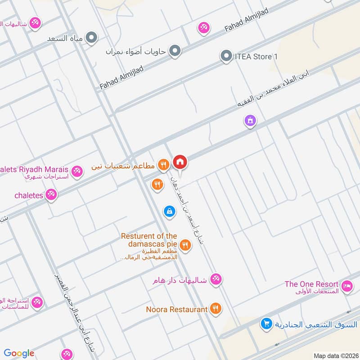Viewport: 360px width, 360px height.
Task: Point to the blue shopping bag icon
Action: [169, 211]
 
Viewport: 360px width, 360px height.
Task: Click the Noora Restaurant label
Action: [177, 309]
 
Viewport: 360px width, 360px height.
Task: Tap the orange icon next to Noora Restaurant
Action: [216, 309]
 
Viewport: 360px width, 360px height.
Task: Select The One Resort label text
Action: [311, 284]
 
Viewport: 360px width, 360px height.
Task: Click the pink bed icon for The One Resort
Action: [346, 285]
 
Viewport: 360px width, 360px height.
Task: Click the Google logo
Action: [19, 353]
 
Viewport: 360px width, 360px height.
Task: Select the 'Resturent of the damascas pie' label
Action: [148, 240]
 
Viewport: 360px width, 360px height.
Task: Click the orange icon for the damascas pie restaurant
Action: [185, 245]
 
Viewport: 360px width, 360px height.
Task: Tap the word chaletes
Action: [28, 195]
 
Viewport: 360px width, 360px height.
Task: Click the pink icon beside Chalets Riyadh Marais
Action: [77, 171]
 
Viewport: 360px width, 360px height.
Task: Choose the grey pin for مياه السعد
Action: [92, 38]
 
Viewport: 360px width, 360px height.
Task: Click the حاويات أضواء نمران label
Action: [136, 51]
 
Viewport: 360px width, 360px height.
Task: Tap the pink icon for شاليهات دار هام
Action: [216, 279]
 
